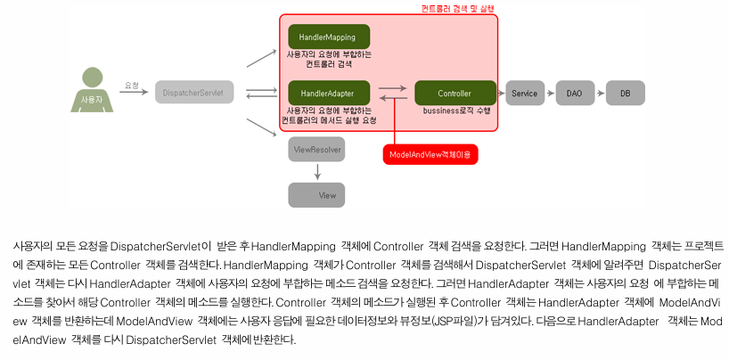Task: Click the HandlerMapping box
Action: point(328,37)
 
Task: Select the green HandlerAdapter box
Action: point(328,93)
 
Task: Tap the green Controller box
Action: point(455,93)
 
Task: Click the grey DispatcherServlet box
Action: point(193,92)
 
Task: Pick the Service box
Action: point(525,93)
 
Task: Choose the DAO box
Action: point(575,93)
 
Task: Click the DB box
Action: point(625,93)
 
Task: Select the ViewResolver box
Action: point(316,150)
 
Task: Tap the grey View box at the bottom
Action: point(316,194)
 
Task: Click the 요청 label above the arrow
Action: point(132,86)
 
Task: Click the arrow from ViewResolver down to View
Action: point(316,172)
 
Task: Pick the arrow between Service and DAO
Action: point(550,93)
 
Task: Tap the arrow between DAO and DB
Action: point(600,93)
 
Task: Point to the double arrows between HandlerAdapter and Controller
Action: point(392,93)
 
